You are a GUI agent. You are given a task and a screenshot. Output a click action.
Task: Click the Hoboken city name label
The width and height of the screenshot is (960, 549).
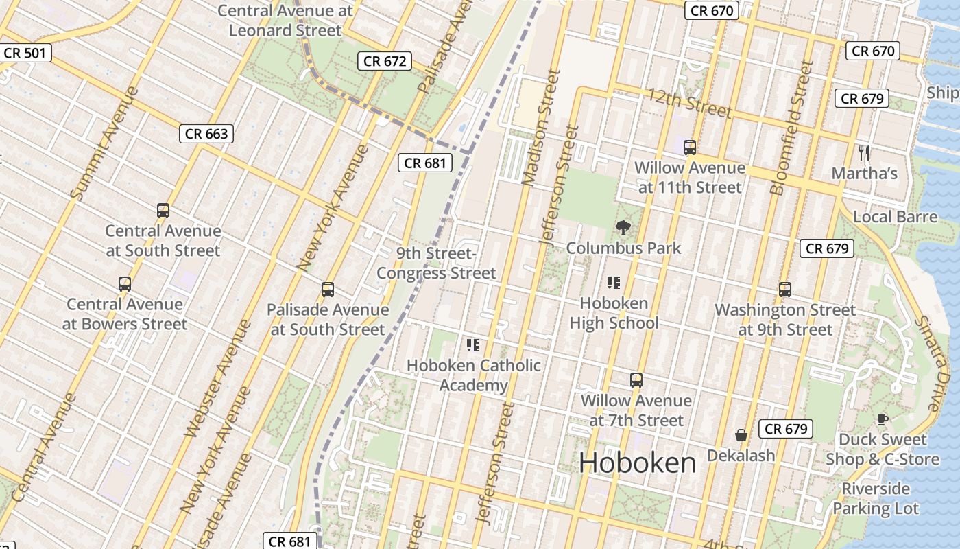tap(637, 463)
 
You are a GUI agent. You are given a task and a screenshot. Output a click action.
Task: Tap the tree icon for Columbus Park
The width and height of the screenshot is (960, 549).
tap(623, 227)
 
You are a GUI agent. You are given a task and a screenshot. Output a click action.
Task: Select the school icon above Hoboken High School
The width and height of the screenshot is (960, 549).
tap(613, 282)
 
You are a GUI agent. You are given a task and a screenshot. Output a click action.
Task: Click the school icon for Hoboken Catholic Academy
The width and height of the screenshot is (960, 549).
tap(472, 344)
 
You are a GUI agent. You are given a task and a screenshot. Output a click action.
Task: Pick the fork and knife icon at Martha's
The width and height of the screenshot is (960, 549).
tap(864, 152)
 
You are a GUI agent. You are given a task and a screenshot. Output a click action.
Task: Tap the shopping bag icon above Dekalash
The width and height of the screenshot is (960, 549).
tap(741, 435)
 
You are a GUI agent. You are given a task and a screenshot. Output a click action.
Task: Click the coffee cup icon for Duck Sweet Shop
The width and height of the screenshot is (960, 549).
tap(882, 419)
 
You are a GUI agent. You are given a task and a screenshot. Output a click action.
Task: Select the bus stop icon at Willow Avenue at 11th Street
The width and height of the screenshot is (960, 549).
tap(690, 148)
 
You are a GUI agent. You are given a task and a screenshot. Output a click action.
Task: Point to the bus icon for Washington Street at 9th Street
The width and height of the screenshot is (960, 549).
tap(785, 290)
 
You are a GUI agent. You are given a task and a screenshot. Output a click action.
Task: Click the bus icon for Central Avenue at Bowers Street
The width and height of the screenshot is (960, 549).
tap(125, 283)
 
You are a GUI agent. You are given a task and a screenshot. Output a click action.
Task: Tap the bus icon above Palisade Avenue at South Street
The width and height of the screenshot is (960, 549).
tap(328, 290)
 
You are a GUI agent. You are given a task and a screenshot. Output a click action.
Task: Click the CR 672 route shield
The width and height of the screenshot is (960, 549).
tap(385, 61)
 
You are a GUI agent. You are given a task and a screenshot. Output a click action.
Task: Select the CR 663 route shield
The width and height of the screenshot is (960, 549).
tap(206, 134)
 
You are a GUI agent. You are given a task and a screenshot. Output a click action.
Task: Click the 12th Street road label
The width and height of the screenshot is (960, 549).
tap(689, 103)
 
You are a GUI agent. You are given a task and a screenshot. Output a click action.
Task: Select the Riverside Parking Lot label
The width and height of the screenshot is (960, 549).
tap(876, 498)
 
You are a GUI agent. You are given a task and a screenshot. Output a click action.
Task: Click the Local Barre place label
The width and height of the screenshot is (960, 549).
tap(895, 217)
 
